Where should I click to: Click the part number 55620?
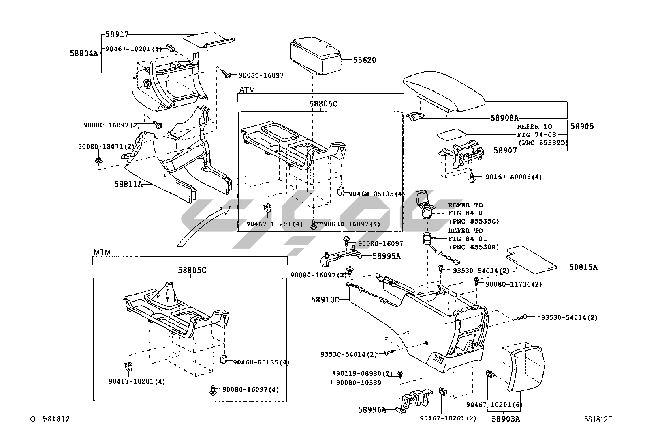click(x=365, y=60)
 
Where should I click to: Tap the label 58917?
click(x=117, y=34)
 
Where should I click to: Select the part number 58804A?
click(x=84, y=54)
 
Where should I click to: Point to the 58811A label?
click(x=128, y=184)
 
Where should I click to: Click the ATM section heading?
click(x=247, y=90)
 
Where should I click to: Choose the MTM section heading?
click(x=102, y=252)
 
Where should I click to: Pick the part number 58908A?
click(x=504, y=118)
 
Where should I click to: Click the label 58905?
click(x=582, y=126)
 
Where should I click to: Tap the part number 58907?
click(x=505, y=150)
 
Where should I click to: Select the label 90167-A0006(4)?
click(x=514, y=177)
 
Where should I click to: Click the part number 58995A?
click(x=387, y=256)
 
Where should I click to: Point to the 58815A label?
click(x=583, y=267)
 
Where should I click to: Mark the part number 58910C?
click(x=325, y=300)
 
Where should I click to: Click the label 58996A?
click(x=372, y=409)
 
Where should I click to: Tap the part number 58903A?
click(x=506, y=419)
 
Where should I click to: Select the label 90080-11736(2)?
click(x=514, y=284)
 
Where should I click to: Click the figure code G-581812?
click(x=50, y=419)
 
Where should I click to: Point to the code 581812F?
click(x=598, y=420)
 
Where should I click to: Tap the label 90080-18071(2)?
click(x=106, y=147)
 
